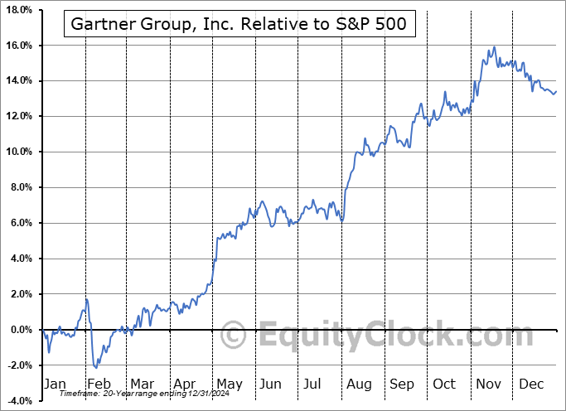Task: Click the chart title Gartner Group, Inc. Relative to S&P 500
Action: [x=239, y=24]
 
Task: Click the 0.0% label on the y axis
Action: [x=18, y=330]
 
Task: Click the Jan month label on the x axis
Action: [x=55, y=384]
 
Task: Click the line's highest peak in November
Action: [x=494, y=47]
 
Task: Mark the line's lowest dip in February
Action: [x=95, y=366]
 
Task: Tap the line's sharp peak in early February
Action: [x=86, y=299]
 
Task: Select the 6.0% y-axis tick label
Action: [x=18, y=223]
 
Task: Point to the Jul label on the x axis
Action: [x=312, y=384]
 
